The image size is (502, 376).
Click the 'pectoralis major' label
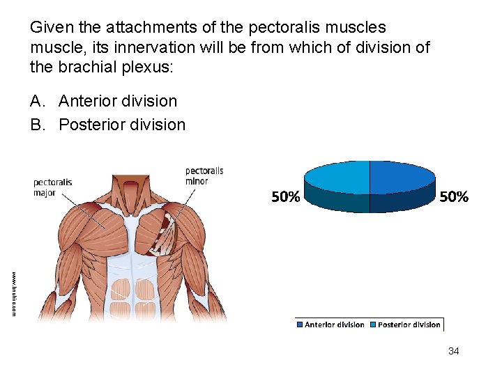53,187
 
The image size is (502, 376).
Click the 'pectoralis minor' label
204,176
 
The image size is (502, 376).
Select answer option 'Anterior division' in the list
118,101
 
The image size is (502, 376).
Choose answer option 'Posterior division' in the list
122,125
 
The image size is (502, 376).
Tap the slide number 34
453,351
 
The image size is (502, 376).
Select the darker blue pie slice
401,177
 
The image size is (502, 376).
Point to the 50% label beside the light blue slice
286,197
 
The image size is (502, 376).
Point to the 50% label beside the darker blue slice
454,197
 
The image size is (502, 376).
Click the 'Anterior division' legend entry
330,324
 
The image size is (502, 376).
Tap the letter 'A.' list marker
40,101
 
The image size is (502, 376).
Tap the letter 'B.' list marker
40,125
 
